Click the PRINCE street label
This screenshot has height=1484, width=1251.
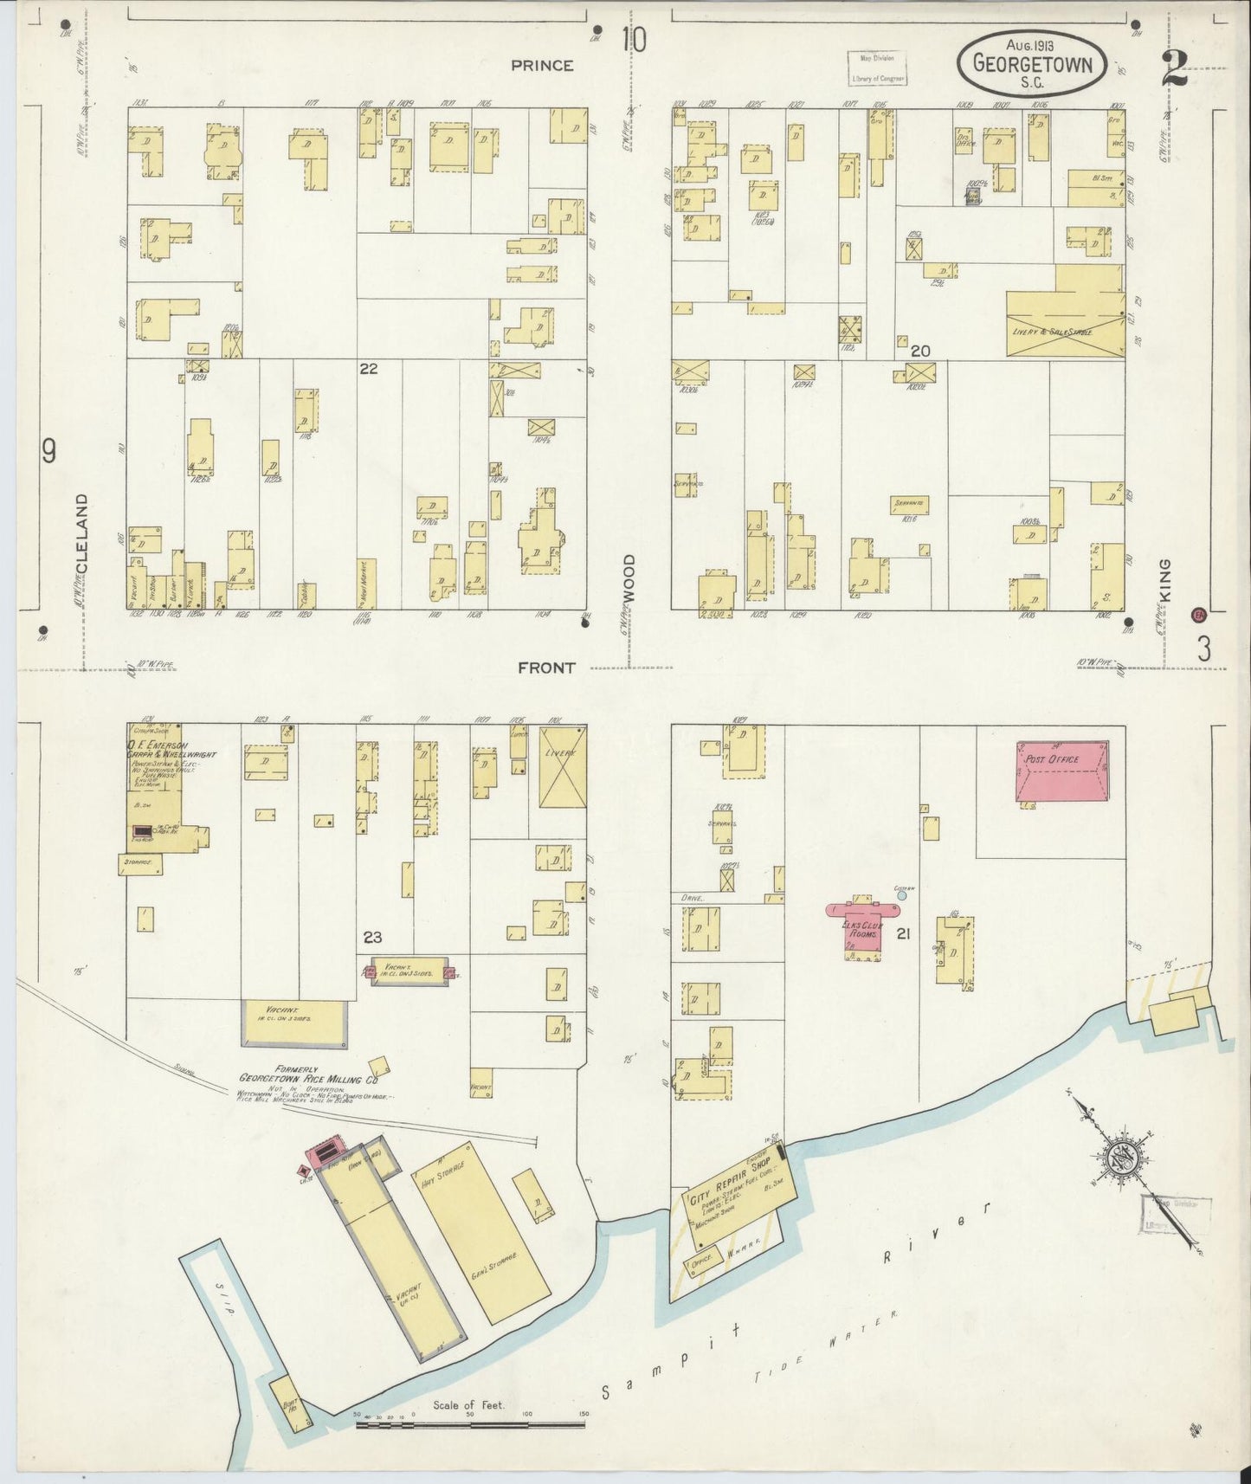tap(542, 65)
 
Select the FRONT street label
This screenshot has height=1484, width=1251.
tap(546, 668)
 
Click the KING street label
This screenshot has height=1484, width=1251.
tap(1164, 574)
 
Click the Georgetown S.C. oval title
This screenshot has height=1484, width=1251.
tap(1031, 63)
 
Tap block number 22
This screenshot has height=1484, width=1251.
tap(369, 369)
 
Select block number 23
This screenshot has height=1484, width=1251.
tap(372, 937)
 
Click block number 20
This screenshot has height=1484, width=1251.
tap(920, 351)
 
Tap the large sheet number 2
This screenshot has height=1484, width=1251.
tap(1175, 68)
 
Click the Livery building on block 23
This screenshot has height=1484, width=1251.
tap(562, 766)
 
